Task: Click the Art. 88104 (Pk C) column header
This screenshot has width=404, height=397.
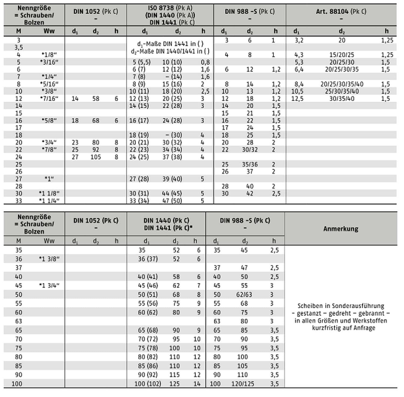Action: pyautogui.click(x=341, y=12)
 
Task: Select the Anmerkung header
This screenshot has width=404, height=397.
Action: pyautogui.click(x=341, y=229)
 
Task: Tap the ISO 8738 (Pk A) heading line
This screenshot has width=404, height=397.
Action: pyautogui.click(x=170, y=8)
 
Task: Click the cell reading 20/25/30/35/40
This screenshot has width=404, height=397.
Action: pyautogui.click(x=342, y=84)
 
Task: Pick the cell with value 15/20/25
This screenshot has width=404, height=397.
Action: pyautogui.click(x=342, y=55)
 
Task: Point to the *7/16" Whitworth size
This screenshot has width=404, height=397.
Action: pyautogui.click(x=49, y=99)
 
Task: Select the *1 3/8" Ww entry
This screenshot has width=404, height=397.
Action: pyautogui.click(x=49, y=259)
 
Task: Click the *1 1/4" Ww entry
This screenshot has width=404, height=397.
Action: pyautogui.click(x=49, y=201)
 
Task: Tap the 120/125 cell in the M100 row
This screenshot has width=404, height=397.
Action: pyautogui.click(x=242, y=384)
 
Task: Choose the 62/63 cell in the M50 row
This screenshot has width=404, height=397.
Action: pyautogui.click(x=244, y=295)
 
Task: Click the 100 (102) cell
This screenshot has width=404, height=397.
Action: pyautogui.click(x=148, y=384)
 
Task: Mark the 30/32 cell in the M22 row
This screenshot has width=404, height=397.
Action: pyautogui.click(x=250, y=150)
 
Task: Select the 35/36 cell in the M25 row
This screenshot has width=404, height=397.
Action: pyautogui.click(x=250, y=164)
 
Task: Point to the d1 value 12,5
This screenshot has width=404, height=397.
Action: pyautogui.click(x=297, y=99)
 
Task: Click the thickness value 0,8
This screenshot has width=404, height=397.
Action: pyautogui.click(x=205, y=62)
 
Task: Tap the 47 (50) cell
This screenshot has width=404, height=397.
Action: pyautogui.click(x=172, y=201)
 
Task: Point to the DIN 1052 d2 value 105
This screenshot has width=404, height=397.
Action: pyautogui.click(x=96, y=157)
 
